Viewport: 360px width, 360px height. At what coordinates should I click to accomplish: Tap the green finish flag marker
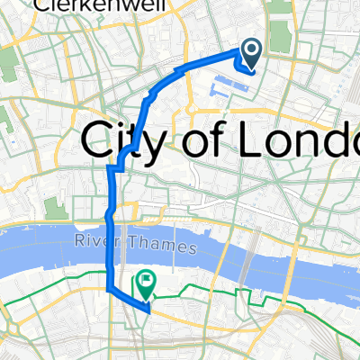point(145,285)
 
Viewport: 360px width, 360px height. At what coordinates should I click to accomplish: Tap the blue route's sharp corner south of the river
point(110,290)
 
